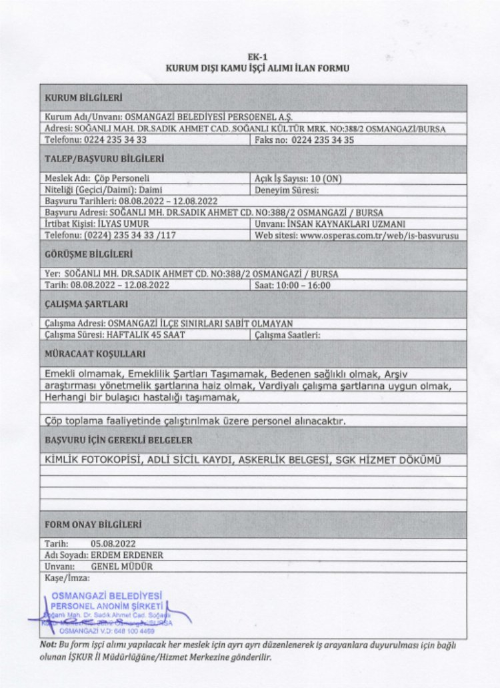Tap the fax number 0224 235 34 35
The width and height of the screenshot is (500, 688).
tap(323, 140)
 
